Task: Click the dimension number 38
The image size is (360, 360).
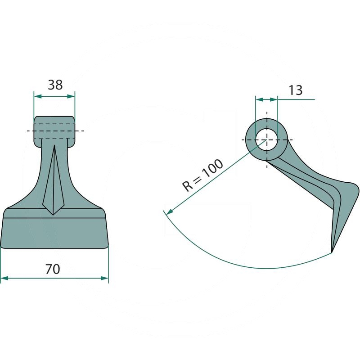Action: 55,85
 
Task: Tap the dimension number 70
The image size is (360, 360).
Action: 53,269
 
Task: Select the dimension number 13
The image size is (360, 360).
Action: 296,90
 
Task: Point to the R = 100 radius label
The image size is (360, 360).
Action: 202,175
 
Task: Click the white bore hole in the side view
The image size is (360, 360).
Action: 266,139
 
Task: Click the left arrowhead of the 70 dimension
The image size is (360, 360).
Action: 4,278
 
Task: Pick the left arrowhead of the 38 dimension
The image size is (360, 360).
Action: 38,96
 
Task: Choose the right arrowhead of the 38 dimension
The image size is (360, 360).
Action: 71,96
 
